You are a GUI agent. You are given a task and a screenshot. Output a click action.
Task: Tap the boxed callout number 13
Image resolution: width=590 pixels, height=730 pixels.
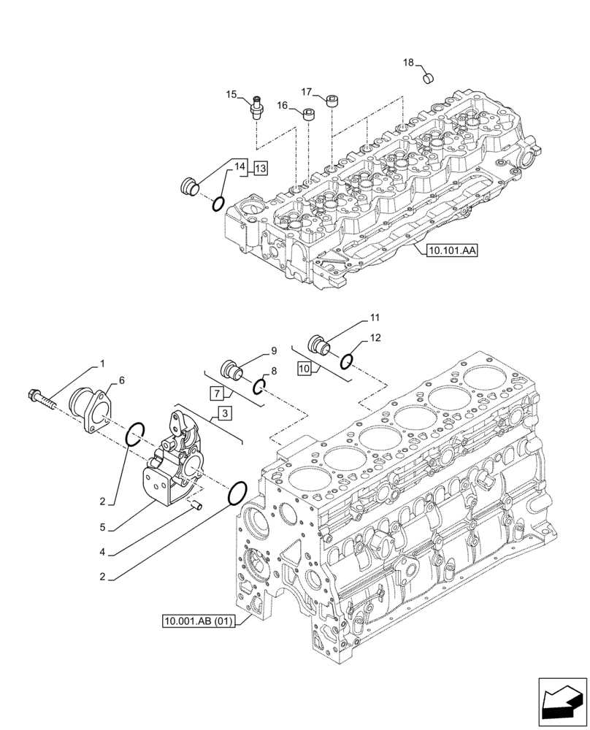(x=261, y=169)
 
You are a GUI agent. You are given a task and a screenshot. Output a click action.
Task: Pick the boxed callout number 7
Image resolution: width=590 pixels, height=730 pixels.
(x=216, y=394)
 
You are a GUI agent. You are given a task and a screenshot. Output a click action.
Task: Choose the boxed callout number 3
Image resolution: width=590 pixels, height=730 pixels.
(x=224, y=414)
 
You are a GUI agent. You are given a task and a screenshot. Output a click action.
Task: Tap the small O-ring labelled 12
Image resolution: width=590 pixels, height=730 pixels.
(x=348, y=359)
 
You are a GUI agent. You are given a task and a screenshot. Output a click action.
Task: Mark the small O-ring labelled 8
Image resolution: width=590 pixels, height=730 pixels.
(x=259, y=386)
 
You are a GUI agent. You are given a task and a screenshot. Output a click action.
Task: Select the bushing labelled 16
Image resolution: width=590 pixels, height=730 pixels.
(x=309, y=115)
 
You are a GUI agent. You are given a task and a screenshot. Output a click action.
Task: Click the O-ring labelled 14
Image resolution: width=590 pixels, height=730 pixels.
(x=218, y=203)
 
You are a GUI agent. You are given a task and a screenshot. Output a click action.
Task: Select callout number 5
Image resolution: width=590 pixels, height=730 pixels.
(x=104, y=526)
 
